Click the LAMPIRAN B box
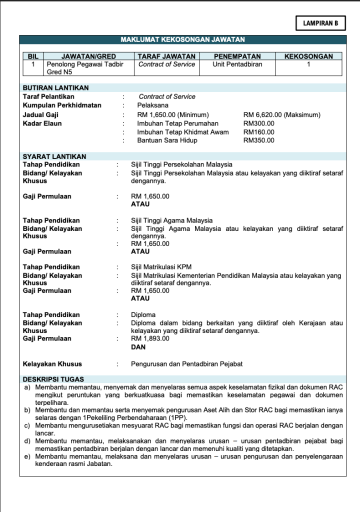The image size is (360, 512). point(320,23)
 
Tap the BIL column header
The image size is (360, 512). point(33,56)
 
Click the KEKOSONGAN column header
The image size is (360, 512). point(308,56)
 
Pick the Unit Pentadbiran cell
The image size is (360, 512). point(237,64)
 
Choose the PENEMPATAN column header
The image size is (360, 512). point(237,56)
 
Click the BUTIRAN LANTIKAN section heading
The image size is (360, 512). point(56,88)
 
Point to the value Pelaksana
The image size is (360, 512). point(153,105)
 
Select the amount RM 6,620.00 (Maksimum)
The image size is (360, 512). point(281,114)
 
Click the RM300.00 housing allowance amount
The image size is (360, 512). point(258,123)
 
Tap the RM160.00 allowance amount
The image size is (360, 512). point(258,132)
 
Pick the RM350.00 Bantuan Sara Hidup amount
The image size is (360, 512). point(258,140)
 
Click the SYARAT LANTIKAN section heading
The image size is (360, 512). point(54,156)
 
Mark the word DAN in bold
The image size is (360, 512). point(138,346)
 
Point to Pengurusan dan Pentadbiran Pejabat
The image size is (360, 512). point(186,364)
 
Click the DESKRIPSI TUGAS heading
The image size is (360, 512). point(53,379)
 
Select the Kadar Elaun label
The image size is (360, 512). point(42,123)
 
